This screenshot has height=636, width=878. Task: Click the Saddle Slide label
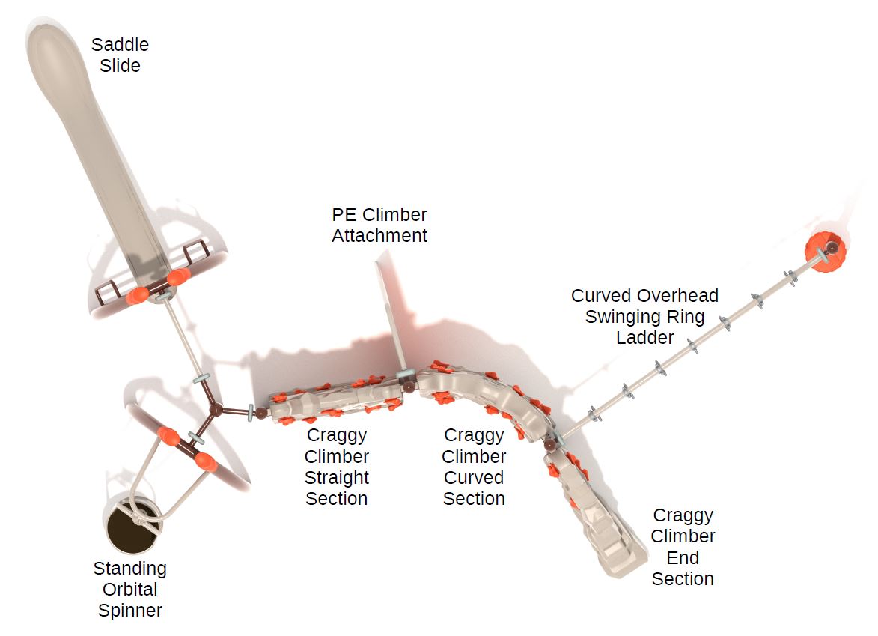(x=120, y=55)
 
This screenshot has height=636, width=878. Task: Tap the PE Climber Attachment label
(x=379, y=225)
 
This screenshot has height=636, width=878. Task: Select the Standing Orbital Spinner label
(x=130, y=589)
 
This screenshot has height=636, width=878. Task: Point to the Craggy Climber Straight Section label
(x=337, y=466)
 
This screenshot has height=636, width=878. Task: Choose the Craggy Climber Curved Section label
(x=474, y=466)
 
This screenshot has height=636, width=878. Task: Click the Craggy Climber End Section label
(x=683, y=546)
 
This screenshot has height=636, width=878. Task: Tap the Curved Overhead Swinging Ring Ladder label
(x=644, y=316)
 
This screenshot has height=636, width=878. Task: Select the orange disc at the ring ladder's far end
(x=826, y=252)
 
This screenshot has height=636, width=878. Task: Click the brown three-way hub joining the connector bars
(x=216, y=410)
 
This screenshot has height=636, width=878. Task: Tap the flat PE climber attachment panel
(x=392, y=314)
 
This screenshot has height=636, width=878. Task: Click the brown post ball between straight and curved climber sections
(x=409, y=386)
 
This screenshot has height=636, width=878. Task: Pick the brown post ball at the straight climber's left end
(x=261, y=413)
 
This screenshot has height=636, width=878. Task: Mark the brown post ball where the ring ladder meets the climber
(x=550, y=445)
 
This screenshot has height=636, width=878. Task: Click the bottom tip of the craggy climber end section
(x=621, y=575)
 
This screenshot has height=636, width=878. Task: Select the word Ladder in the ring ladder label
(x=644, y=337)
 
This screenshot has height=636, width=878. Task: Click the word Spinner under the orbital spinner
(x=130, y=610)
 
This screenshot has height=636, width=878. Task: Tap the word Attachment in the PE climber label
(x=379, y=235)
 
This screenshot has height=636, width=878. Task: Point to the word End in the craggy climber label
(x=683, y=557)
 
